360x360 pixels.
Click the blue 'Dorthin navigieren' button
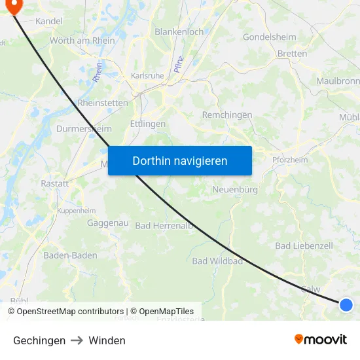(179, 160)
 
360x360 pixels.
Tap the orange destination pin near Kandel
(12, 6)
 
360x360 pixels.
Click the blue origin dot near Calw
(346, 304)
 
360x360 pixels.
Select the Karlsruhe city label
(147, 75)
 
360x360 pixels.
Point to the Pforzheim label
(290, 159)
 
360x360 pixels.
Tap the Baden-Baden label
(70, 255)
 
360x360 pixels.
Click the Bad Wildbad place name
(217, 261)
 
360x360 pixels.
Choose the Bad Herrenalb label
(164, 226)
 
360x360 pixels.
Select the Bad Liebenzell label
(304, 245)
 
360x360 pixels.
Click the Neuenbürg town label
(235, 189)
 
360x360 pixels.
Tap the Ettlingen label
(148, 124)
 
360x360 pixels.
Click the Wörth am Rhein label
(82, 41)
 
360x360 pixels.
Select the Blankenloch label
(179, 31)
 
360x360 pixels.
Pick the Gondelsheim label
(270, 37)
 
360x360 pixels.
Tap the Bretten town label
(292, 54)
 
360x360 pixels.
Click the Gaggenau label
(107, 223)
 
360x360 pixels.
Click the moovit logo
(320, 339)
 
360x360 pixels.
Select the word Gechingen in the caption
(39, 340)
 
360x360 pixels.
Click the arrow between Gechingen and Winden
(77, 340)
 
